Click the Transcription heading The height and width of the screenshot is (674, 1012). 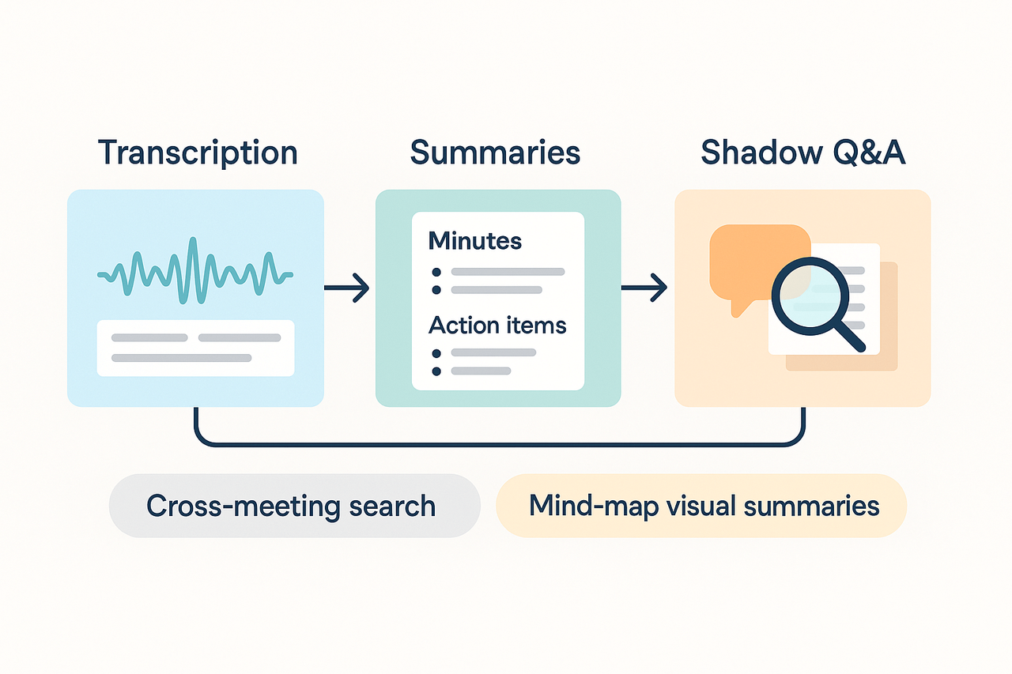tap(198, 152)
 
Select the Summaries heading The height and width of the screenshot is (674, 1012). tap(495, 152)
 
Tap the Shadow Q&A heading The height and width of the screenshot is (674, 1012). tap(803, 152)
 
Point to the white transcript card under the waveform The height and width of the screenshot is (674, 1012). tap(195, 348)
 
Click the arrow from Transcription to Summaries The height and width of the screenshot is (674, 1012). tap(348, 288)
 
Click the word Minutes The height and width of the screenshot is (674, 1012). tap(475, 240)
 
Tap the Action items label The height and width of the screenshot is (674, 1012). tap(497, 325)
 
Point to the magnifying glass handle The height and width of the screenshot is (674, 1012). tap(850, 337)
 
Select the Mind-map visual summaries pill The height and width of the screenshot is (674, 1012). tap(701, 506)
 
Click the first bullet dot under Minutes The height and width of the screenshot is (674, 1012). tap(436, 272)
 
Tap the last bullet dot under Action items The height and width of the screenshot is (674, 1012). tap(436, 371)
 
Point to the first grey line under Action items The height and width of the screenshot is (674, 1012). tap(493, 352)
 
